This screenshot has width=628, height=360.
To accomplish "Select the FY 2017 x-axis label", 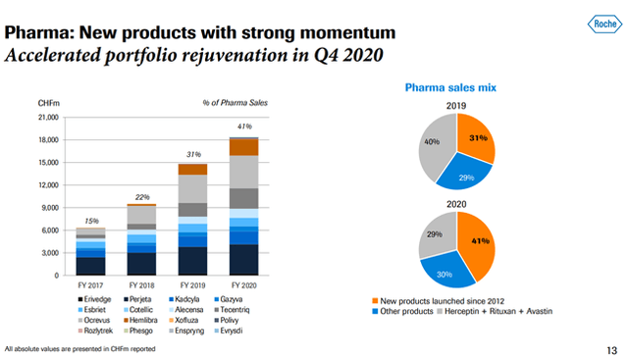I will pos(90,284).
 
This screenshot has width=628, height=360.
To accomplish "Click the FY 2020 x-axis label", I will pos(243,284).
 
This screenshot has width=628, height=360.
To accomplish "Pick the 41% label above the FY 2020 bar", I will pos(244,126).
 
